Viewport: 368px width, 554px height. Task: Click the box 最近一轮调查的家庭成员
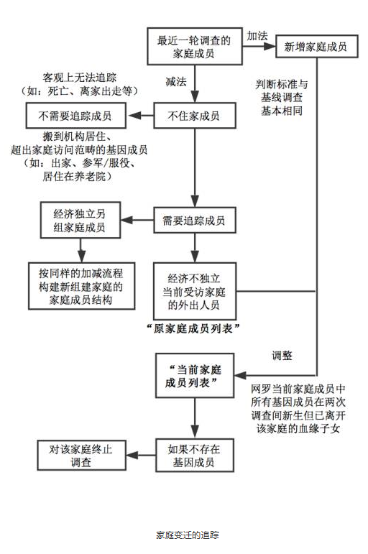(195, 46)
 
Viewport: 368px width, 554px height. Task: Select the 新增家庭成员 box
(316, 46)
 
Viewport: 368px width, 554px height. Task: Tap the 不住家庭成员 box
(195, 116)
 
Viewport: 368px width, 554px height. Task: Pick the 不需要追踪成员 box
(75, 116)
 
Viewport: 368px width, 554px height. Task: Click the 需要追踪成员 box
(195, 220)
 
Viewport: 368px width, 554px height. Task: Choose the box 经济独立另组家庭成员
(80, 220)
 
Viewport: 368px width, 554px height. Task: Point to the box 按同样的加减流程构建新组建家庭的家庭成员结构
(82, 286)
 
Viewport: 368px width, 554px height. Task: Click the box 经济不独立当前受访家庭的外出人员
(195, 291)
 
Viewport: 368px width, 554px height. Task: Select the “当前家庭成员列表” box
(195, 376)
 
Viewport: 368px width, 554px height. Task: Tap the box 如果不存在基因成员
(195, 455)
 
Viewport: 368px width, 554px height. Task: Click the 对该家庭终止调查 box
(81, 455)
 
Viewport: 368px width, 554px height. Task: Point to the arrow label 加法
(257, 36)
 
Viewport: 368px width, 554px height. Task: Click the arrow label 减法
(175, 82)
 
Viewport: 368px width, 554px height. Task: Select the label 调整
(282, 356)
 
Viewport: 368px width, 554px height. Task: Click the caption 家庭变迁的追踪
(188, 535)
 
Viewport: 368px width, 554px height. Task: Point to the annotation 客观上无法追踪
(80, 78)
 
